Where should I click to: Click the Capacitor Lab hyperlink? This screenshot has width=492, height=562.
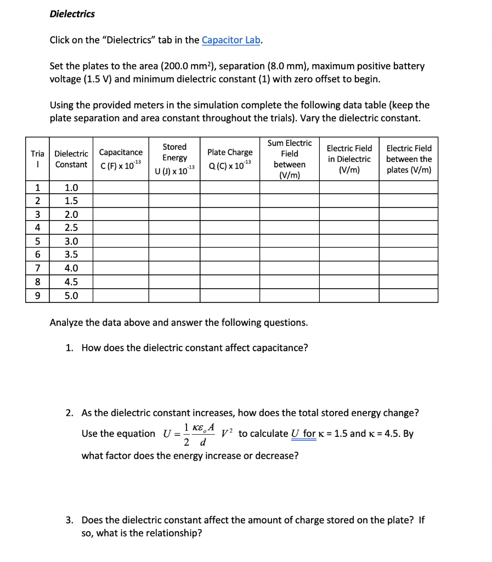[x=231, y=40]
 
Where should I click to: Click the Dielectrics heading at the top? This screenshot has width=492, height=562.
[x=72, y=14]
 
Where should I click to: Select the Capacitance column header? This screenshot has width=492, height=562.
[x=121, y=159]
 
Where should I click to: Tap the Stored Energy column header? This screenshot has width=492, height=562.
[x=174, y=159]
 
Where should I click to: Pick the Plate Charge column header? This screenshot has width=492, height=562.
[x=230, y=158]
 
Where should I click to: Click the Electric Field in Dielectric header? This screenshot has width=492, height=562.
[x=349, y=159]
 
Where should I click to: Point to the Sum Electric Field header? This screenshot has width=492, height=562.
[x=290, y=159]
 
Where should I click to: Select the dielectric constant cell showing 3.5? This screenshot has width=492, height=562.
[x=71, y=255]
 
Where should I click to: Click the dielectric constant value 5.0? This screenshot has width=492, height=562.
[x=71, y=295]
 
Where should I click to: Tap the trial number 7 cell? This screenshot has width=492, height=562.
[x=37, y=268]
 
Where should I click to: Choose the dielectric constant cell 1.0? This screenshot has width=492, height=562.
[x=71, y=188]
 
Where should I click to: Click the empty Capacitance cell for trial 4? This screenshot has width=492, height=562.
[x=121, y=228]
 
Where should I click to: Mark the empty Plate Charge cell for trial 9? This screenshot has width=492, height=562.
[x=230, y=295]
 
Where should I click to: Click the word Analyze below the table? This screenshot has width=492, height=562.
[x=67, y=323]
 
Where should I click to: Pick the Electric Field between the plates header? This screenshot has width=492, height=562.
[x=409, y=159]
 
